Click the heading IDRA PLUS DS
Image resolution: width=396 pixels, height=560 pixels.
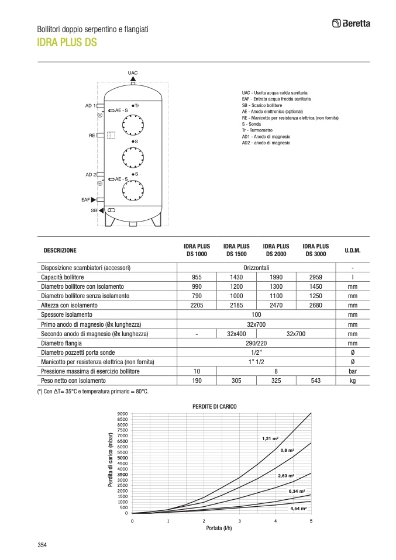[x=67, y=42]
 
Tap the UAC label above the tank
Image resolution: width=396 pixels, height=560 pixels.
[x=133, y=72]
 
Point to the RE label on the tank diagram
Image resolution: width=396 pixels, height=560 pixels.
[x=92, y=136]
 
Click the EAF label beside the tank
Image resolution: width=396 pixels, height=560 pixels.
[x=85, y=200]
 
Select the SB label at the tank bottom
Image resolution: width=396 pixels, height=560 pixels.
[x=94, y=210]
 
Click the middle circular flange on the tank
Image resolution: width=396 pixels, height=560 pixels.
[x=133, y=157]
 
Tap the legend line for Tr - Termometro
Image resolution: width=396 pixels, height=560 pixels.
[x=257, y=130]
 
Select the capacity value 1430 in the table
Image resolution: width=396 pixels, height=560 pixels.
[x=236, y=277]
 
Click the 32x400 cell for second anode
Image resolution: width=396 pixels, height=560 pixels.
[x=236, y=334]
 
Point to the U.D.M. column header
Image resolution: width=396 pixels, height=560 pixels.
[x=353, y=250]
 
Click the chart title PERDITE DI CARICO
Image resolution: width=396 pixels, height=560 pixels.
[x=215, y=406]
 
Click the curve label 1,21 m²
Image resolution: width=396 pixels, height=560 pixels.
[x=270, y=438]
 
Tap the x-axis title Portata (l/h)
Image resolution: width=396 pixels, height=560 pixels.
[x=222, y=528]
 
